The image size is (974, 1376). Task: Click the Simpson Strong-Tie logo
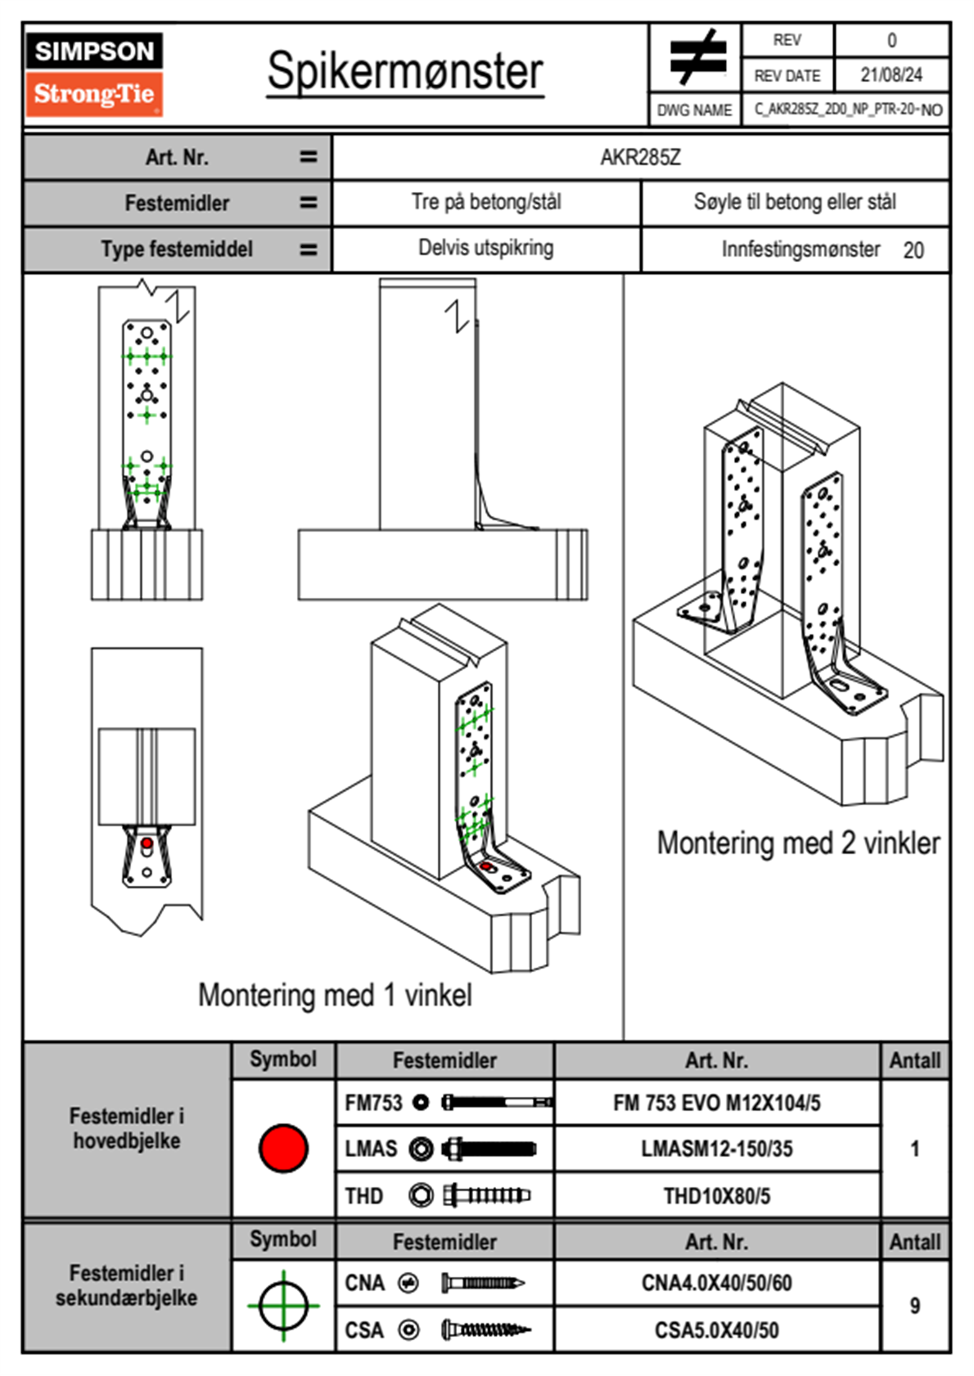click(x=93, y=74)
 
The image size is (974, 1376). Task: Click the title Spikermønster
click(x=405, y=71)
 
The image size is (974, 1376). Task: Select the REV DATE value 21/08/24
click(x=891, y=75)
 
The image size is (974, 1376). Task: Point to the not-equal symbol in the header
click(x=696, y=57)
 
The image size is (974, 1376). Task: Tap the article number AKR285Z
click(x=640, y=157)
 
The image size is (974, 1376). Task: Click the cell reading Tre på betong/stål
click(x=486, y=202)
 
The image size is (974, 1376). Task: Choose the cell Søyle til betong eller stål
click(x=794, y=202)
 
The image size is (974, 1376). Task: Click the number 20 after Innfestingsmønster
click(x=913, y=250)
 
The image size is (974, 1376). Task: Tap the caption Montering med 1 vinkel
click(x=335, y=995)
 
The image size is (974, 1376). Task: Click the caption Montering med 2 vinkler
click(x=798, y=843)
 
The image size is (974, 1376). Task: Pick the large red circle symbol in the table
click(x=283, y=1148)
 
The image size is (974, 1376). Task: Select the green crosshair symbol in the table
click(x=283, y=1306)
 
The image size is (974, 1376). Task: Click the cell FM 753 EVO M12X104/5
click(x=716, y=1103)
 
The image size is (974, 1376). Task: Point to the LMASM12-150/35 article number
click(x=716, y=1149)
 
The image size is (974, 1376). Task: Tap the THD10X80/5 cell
click(x=716, y=1196)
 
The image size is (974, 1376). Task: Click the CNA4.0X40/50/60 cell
click(x=716, y=1283)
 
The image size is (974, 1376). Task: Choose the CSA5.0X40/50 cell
click(x=716, y=1330)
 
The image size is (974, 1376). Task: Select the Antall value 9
click(x=914, y=1306)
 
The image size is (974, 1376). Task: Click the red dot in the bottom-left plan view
click(x=147, y=843)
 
